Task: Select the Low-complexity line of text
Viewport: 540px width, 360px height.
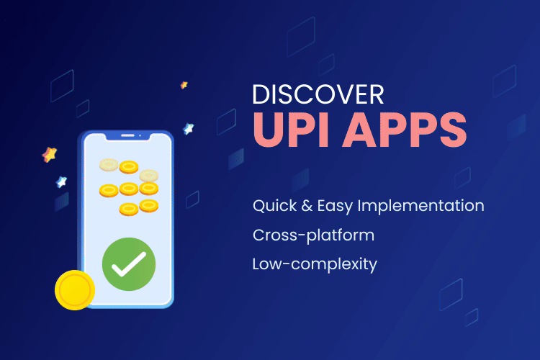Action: (x=315, y=264)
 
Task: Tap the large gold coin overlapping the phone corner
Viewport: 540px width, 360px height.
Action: (x=75, y=290)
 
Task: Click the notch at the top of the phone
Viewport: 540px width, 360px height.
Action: (x=128, y=135)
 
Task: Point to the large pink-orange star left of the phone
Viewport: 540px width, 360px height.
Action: (x=50, y=154)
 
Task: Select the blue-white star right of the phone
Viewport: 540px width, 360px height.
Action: (x=189, y=129)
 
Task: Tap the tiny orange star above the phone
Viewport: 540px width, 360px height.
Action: (x=184, y=85)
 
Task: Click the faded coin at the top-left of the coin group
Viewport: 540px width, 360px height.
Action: (x=109, y=165)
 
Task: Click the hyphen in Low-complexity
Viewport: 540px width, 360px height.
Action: (x=279, y=265)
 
